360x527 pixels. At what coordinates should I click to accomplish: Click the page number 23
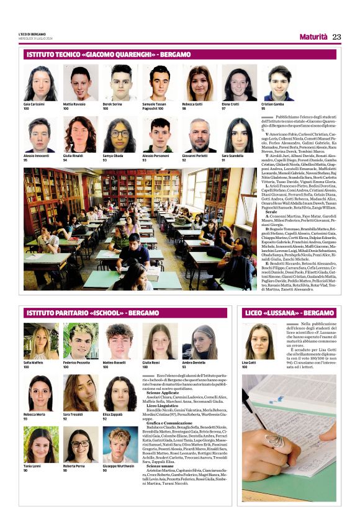(337, 37)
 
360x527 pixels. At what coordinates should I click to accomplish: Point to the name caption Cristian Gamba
(273, 104)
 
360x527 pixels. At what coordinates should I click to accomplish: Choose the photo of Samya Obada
(120, 135)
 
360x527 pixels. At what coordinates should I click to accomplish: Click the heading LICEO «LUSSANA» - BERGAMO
(289, 313)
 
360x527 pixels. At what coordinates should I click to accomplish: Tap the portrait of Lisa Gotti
(258, 341)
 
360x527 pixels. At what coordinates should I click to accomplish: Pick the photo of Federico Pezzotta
(80, 341)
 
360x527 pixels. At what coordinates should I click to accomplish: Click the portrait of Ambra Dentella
(199, 341)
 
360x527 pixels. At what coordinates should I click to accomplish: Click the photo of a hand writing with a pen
(289, 438)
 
